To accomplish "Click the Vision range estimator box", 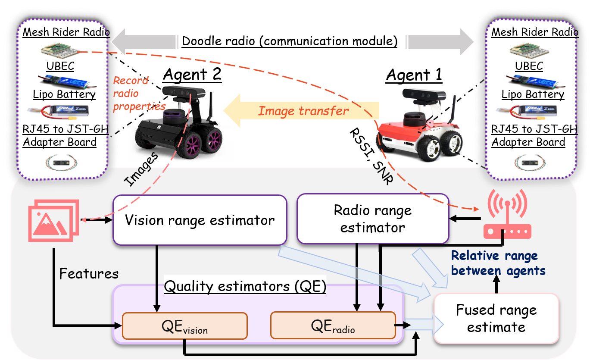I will (x=200, y=220).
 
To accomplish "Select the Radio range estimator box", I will (x=373, y=219).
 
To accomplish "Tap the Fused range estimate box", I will (x=496, y=319).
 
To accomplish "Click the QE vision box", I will (x=184, y=326).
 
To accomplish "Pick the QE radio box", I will (x=333, y=326).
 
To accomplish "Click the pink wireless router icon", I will (x=507, y=215).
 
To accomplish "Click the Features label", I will (x=88, y=273).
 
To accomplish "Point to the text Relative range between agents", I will (x=498, y=263).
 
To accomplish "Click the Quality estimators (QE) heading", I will (x=245, y=286).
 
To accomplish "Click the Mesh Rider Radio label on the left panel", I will (x=66, y=32).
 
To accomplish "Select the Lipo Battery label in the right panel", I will (x=533, y=94).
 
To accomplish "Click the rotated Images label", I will (x=141, y=170).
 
